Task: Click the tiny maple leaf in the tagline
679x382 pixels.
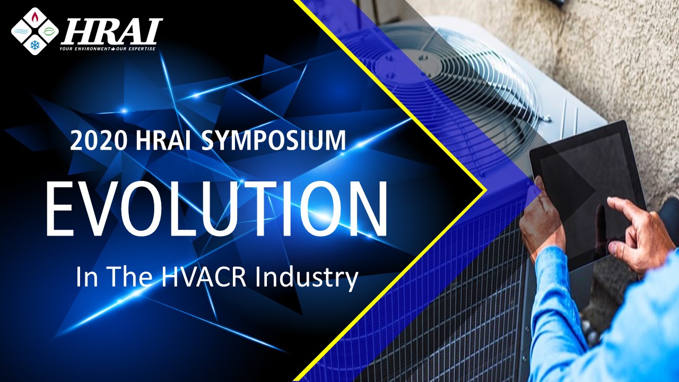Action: tap(113, 49)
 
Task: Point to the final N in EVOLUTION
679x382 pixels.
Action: tap(363, 210)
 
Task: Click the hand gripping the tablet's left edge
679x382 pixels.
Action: tap(541, 212)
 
